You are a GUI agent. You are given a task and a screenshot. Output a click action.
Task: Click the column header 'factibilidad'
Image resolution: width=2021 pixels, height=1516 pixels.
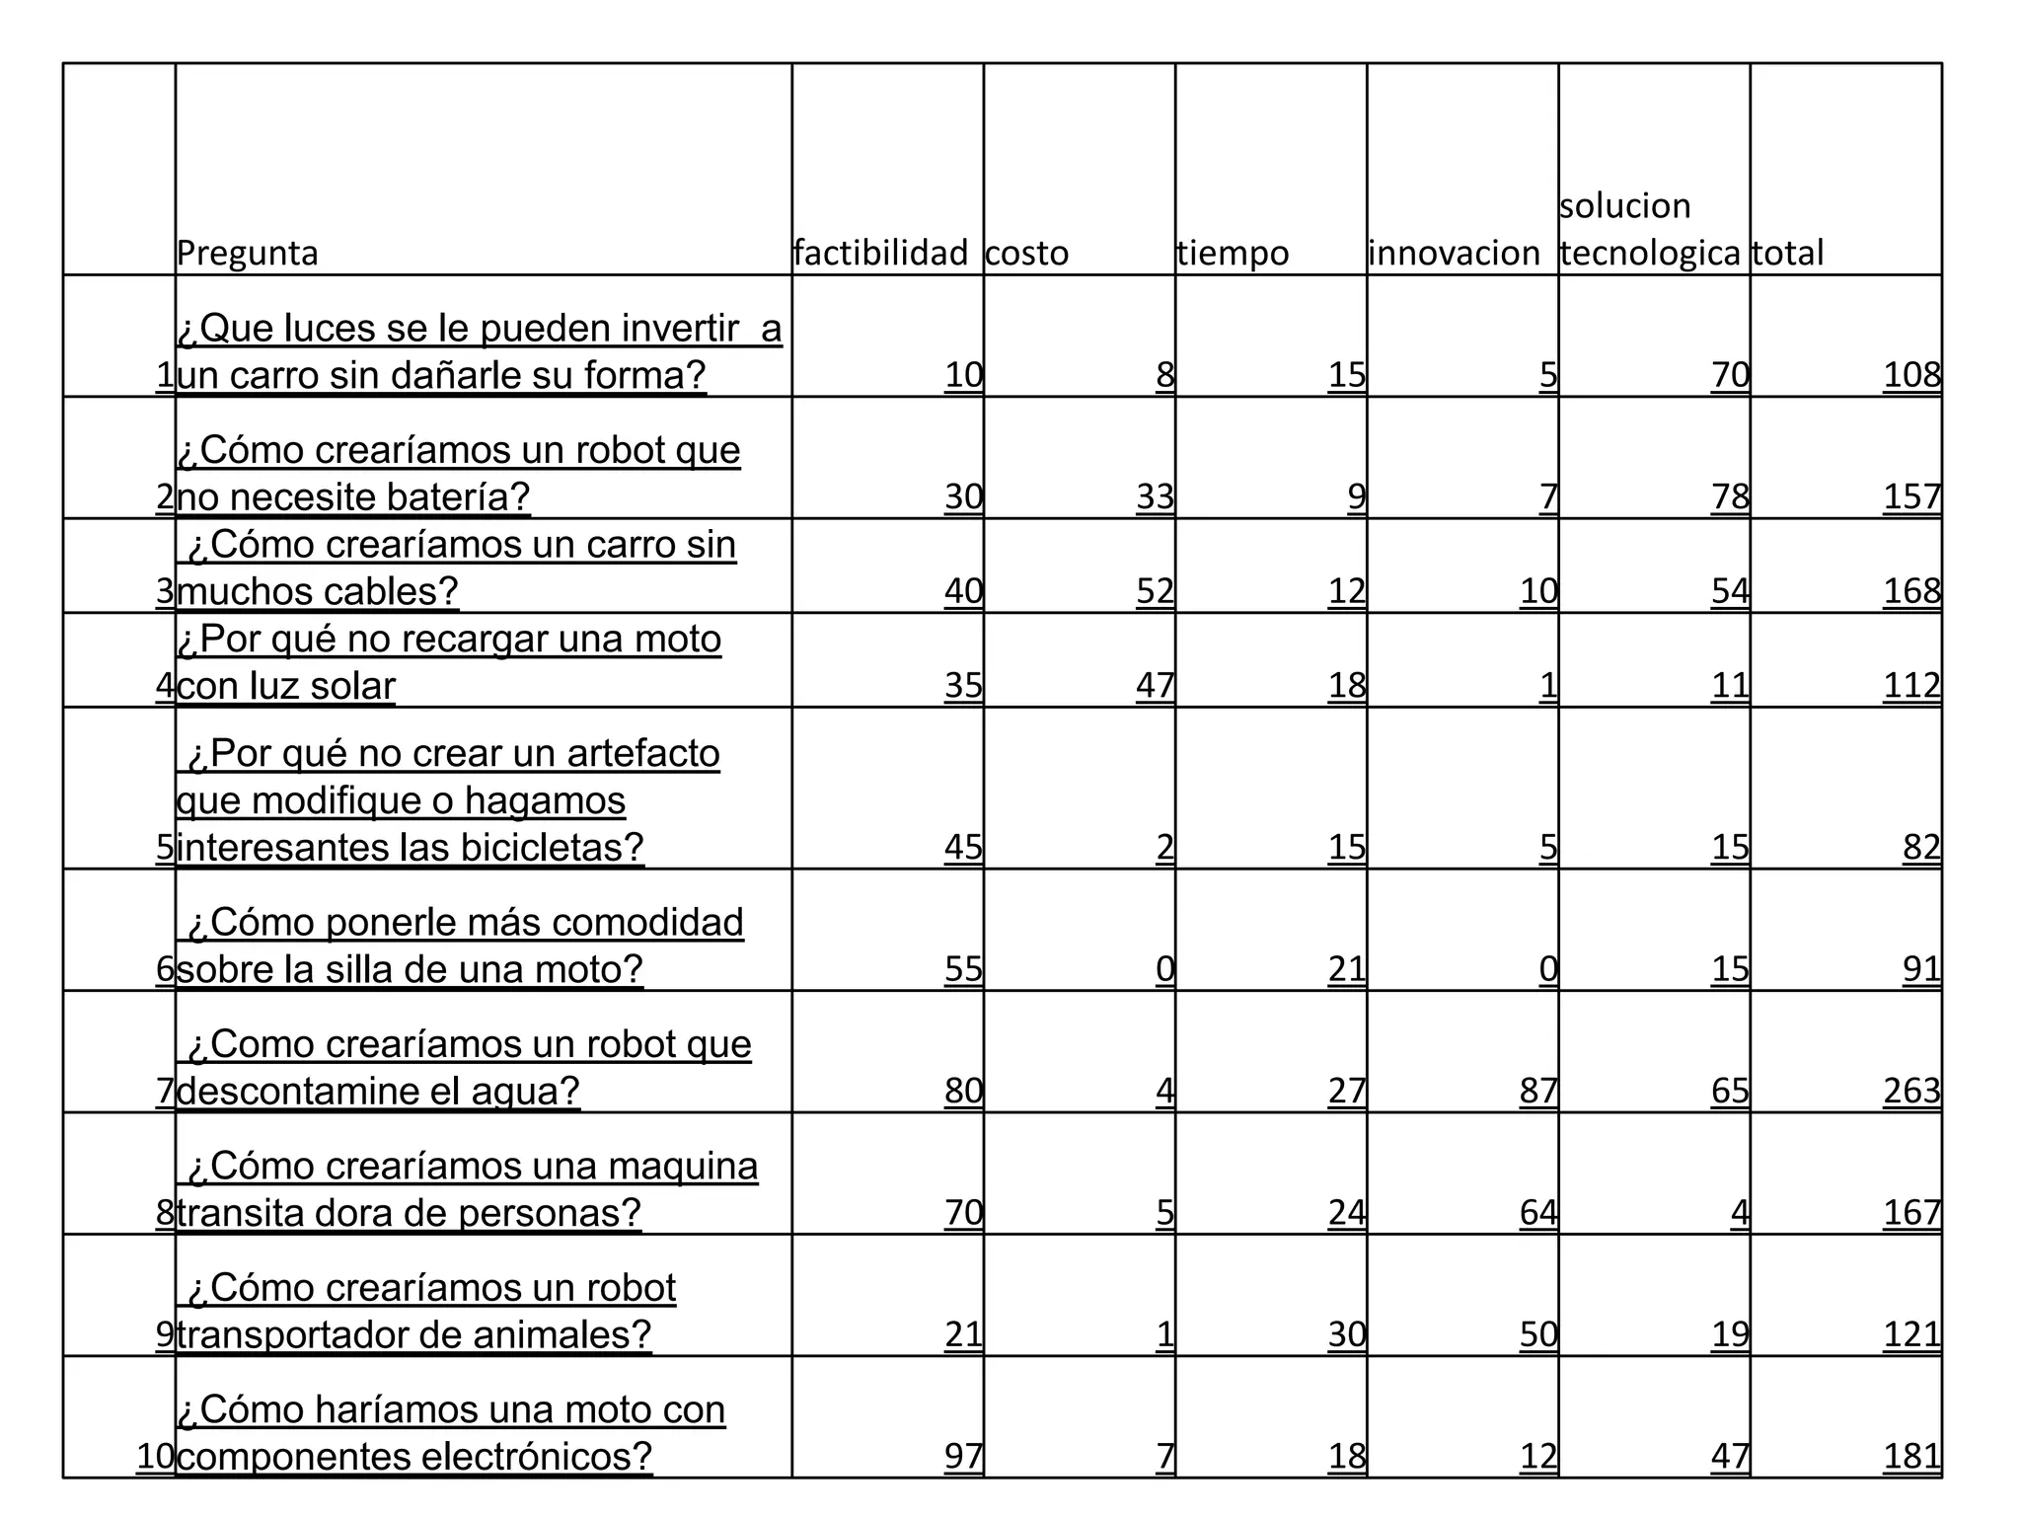click(880, 254)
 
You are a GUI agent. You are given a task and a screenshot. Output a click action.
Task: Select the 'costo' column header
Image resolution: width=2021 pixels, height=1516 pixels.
click(1026, 254)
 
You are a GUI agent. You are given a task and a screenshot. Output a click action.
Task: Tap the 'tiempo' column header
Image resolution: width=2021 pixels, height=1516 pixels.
click(1233, 254)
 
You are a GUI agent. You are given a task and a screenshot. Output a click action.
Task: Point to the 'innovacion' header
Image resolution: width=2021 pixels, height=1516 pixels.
click(1454, 254)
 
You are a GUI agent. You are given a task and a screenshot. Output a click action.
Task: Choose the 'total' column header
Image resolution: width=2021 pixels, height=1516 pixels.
click(1787, 254)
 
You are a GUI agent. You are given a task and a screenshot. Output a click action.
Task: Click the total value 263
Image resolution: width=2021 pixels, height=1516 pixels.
click(1911, 1091)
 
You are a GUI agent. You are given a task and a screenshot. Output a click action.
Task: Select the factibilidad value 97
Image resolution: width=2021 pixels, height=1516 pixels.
click(963, 1456)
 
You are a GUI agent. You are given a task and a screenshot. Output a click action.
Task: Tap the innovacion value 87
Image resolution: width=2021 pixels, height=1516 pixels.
click(1538, 1091)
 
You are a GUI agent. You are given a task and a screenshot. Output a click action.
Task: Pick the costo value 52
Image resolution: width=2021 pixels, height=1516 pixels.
click(1155, 591)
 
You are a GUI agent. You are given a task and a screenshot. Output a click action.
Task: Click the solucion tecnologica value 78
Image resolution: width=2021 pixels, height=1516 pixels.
click(1730, 496)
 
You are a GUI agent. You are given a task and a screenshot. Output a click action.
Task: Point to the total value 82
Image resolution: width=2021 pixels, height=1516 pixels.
click(1921, 848)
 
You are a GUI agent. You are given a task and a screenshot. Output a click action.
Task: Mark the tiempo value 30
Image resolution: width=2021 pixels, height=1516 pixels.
click(1347, 1334)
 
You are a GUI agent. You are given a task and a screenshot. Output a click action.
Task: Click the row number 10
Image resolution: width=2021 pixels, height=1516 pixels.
click(155, 1456)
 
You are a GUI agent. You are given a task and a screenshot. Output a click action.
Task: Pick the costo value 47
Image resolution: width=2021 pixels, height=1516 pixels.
click(1155, 685)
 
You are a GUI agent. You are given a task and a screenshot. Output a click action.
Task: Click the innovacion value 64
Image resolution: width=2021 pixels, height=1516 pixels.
click(1538, 1212)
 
